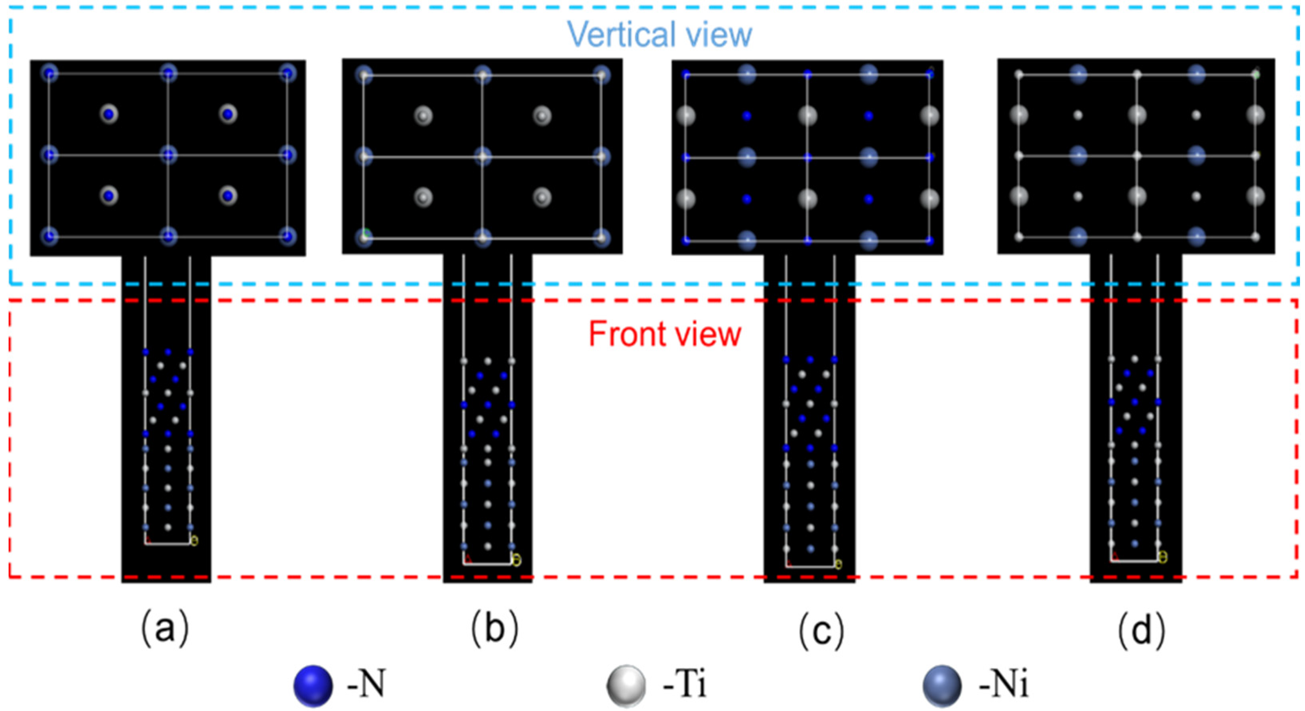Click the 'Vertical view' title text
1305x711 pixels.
[x=659, y=34]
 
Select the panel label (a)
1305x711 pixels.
[x=165, y=629]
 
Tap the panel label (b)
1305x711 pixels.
[x=495, y=629]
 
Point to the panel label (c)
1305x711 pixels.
[x=821, y=630]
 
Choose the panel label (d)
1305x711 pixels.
[x=1142, y=630]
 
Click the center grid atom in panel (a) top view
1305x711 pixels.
[x=168, y=155]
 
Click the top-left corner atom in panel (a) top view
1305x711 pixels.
[x=49, y=73]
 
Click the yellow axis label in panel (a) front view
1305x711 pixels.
[x=194, y=541]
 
